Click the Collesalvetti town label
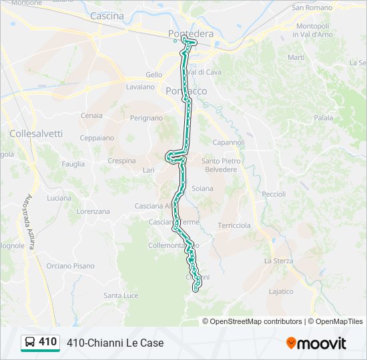[x=36, y=133]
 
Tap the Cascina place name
[x=107, y=15]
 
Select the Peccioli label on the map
[x=274, y=194]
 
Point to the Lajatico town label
[x=280, y=291]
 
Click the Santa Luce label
[x=121, y=295]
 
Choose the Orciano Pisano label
[x=70, y=266]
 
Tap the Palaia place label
[x=324, y=117]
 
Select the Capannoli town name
[x=229, y=143]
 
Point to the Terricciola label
[x=234, y=225]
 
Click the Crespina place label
[x=121, y=161]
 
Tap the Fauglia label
[x=73, y=163]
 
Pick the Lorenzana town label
[x=93, y=211]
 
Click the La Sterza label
[x=278, y=261]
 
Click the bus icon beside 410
[x=30, y=343]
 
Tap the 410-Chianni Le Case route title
[x=115, y=343]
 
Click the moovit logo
[x=316, y=343]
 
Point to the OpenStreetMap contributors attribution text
[x=256, y=321]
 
